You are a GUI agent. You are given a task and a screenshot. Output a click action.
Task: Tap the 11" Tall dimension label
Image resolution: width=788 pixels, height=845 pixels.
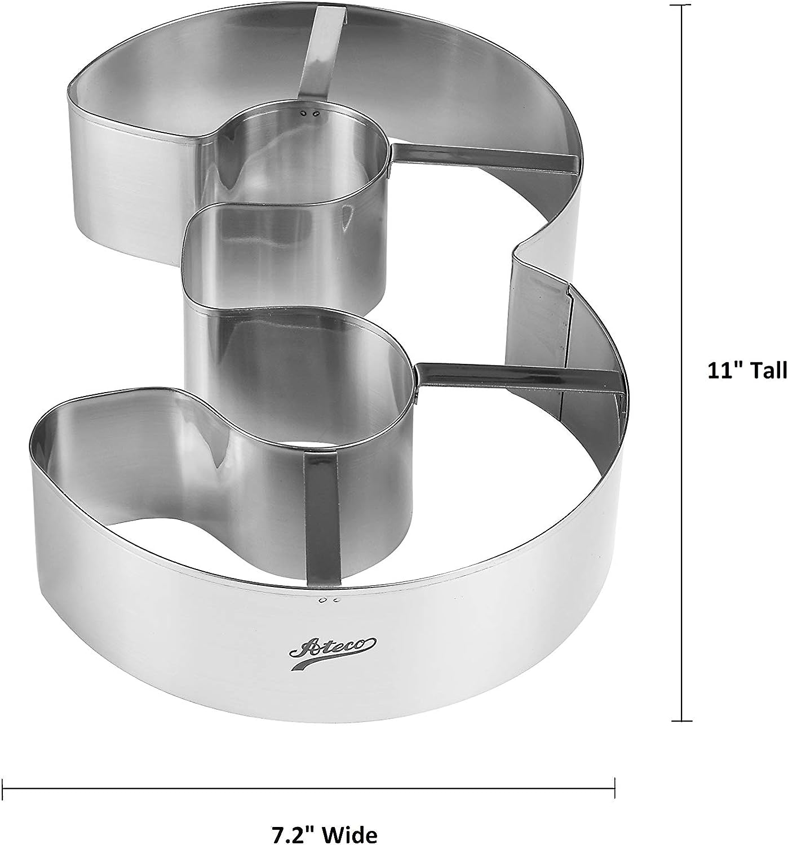click(747, 371)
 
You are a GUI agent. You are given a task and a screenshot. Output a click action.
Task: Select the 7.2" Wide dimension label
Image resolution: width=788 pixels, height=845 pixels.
click(325, 834)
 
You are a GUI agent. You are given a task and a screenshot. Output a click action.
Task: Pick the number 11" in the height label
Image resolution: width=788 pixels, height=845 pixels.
click(724, 371)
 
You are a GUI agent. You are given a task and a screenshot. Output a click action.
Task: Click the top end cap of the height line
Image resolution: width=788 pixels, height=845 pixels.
click(682, 5)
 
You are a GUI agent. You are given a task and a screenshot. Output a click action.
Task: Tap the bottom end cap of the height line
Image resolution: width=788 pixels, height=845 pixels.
click(682, 721)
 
